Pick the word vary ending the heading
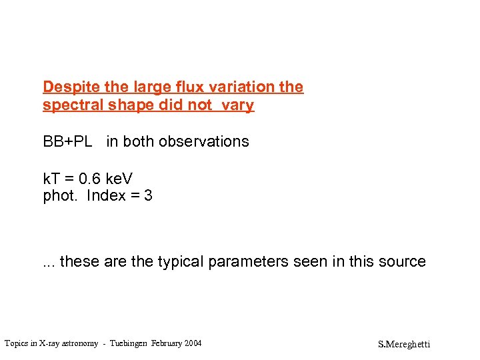237,106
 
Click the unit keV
119,179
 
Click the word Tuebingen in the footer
127,343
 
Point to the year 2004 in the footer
191,343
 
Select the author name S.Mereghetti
404,345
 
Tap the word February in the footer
165,343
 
